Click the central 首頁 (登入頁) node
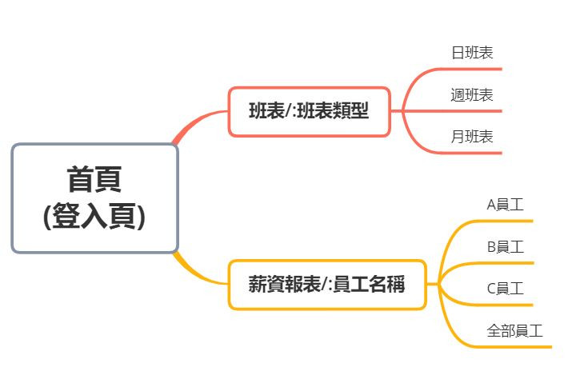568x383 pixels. tap(94, 198)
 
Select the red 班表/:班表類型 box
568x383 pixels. tap(310, 112)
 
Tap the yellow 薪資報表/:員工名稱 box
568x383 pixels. tap(326, 285)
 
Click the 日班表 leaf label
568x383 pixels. tap(472, 54)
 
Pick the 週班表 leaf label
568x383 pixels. tap(472, 95)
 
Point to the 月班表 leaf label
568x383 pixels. tap(472, 137)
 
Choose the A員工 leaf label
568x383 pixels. tap(506, 205)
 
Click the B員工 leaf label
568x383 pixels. tap(506, 247)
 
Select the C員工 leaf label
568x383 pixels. tap(506, 289)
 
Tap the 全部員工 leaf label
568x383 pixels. tap(515, 330)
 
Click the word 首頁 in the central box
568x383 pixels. tap(94, 179)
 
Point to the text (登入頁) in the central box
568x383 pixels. tap(94, 217)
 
